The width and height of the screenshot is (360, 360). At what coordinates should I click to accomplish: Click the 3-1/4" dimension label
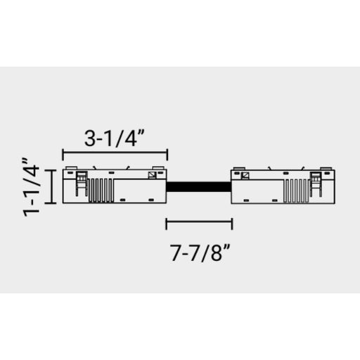[115, 139]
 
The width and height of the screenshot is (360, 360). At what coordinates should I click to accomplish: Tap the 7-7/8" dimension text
[200, 252]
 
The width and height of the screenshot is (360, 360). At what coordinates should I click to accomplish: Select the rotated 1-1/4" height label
[31, 187]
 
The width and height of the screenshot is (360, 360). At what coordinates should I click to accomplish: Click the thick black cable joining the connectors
[199, 186]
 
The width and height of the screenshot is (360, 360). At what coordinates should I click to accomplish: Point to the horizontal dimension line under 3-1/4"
[115, 152]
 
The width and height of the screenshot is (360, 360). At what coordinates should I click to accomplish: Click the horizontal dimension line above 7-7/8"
[199, 221]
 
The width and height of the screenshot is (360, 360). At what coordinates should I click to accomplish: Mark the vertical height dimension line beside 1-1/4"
[51, 187]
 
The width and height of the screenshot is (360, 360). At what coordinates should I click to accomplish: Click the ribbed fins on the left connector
[101, 191]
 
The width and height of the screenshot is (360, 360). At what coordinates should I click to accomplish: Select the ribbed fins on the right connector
[296, 191]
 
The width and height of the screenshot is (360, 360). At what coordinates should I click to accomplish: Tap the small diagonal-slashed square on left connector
[152, 175]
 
